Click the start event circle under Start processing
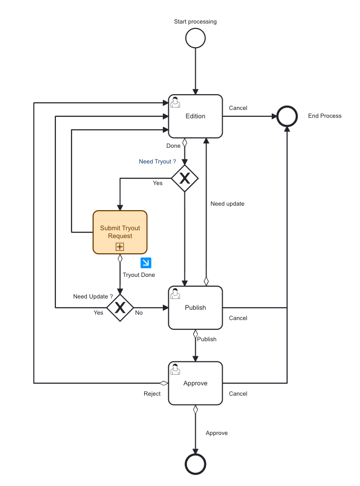[x=195, y=38]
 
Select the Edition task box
[x=195, y=116]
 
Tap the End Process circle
[x=287, y=116]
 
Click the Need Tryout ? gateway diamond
[x=184, y=179]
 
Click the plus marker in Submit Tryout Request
[x=120, y=247]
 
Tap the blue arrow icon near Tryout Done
[x=145, y=262]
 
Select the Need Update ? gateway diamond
[x=120, y=308]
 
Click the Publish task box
[x=195, y=308]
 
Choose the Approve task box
[x=195, y=383]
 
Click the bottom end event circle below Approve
[x=195, y=463]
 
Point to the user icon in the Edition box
[x=175, y=102]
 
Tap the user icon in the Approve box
[x=175, y=369]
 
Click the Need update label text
[x=227, y=204]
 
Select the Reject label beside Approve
[x=152, y=394]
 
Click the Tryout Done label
[x=139, y=275]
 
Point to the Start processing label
[x=195, y=22]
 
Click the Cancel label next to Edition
[x=238, y=108]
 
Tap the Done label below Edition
[x=173, y=146]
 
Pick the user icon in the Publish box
[x=175, y=294]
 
